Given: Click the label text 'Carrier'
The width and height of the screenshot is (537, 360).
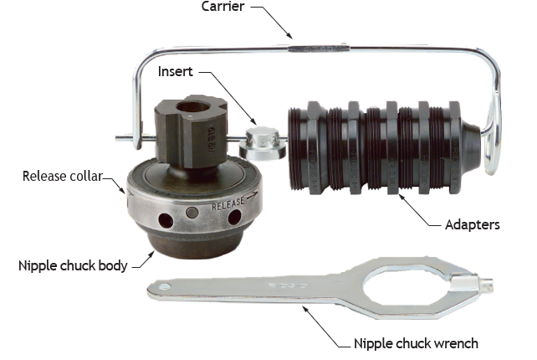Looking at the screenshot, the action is [x=223, y=6].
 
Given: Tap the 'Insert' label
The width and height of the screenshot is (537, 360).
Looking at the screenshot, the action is [x=176, y=71].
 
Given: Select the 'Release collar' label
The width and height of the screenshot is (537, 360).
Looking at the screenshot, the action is [x=63, y=176].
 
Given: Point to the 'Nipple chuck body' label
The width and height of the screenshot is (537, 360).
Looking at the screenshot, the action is [x=73, y=265].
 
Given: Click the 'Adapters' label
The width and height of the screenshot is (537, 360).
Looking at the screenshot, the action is [x=473, y=225].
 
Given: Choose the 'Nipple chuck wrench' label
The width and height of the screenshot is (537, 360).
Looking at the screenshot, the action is [x=416, y=343].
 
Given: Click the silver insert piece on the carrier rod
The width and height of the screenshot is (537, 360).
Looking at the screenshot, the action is [x=263, y=144].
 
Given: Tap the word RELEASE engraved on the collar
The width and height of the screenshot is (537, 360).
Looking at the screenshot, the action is [x=228, y=203].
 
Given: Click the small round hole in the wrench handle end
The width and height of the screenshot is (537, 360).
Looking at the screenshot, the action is [x=165, y=286].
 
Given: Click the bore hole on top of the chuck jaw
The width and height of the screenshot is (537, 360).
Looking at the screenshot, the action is [x=193, y=107].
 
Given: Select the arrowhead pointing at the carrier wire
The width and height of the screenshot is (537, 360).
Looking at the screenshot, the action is [x=289, y=35].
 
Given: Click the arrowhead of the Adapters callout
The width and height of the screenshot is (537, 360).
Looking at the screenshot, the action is [x=401, y=197].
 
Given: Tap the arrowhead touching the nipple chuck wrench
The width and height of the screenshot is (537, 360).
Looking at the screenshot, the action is [x=304, y=309].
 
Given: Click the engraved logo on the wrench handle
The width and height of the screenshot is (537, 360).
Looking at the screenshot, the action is [x=288, y=285].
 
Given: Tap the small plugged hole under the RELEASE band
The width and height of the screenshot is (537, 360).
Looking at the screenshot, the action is [x=192, y=212].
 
